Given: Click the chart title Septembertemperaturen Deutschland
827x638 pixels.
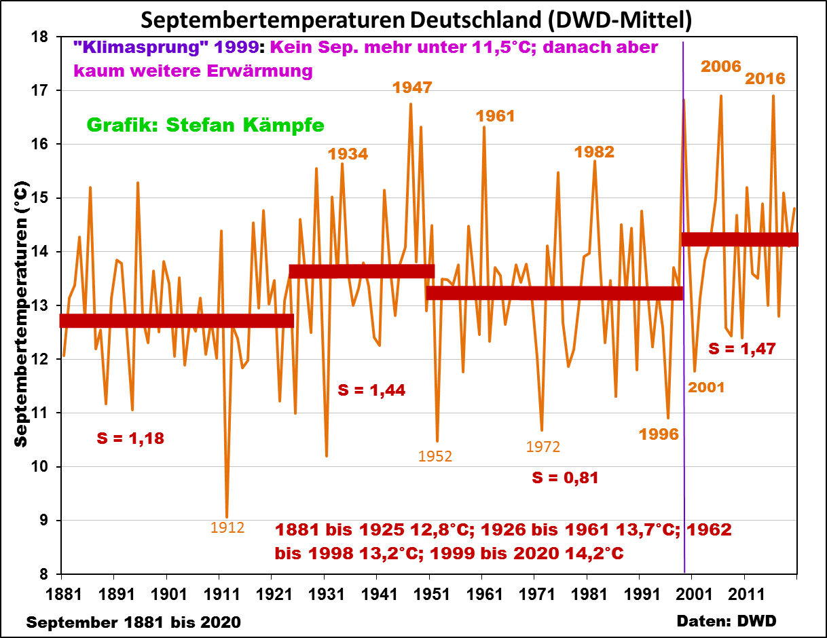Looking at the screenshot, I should point(416,20).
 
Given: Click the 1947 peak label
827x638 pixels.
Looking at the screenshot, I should point(412,88).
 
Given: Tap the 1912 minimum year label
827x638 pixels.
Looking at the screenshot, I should point(227,527).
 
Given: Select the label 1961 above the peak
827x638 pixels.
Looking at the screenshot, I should point(495,116).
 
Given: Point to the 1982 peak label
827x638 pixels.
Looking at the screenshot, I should point(594,151).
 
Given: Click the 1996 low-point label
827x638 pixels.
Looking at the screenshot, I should point(659,434).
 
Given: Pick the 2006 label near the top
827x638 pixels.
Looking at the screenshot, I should point(721,67).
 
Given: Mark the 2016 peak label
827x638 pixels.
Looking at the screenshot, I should point(765,79).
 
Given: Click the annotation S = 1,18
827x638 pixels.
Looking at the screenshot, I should point(130,438).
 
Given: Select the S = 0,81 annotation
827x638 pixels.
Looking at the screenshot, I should point(565,478).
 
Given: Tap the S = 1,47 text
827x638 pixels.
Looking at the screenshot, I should point(741,349).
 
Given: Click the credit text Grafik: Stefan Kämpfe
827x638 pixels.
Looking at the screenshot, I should point(205,125).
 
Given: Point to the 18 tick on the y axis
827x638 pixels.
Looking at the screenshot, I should point(48,37).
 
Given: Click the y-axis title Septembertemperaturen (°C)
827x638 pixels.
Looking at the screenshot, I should point(22,313).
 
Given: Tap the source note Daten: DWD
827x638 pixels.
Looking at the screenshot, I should point(727,620).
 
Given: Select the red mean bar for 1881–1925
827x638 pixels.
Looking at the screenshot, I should point(177,321).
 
